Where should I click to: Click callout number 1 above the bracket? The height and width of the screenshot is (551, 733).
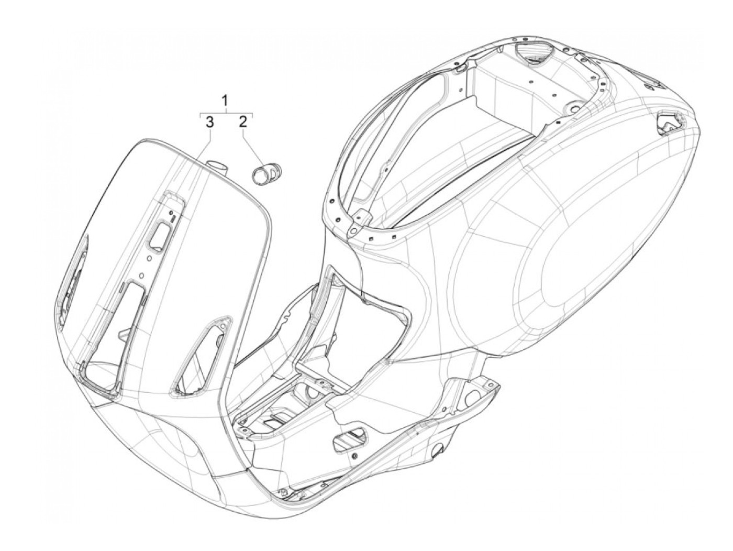pyautogui.click(x=226, y=100)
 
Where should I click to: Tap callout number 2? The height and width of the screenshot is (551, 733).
pyautogui.click(x=242, y=123)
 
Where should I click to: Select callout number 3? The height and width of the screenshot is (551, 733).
pyautogui.click(x=208, y=123)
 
